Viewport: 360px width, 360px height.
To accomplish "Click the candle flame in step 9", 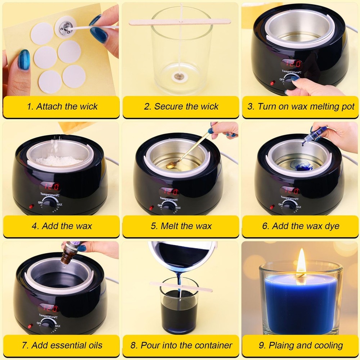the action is (301, 264).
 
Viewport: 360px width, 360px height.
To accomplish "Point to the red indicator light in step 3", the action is (272, 83).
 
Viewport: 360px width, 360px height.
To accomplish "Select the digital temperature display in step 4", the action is (49, 186).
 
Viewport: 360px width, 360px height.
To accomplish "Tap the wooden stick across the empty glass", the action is (180, 22).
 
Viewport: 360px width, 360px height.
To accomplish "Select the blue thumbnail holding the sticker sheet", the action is (24, 60).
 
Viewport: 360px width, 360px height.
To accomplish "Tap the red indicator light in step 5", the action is (151, 208).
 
